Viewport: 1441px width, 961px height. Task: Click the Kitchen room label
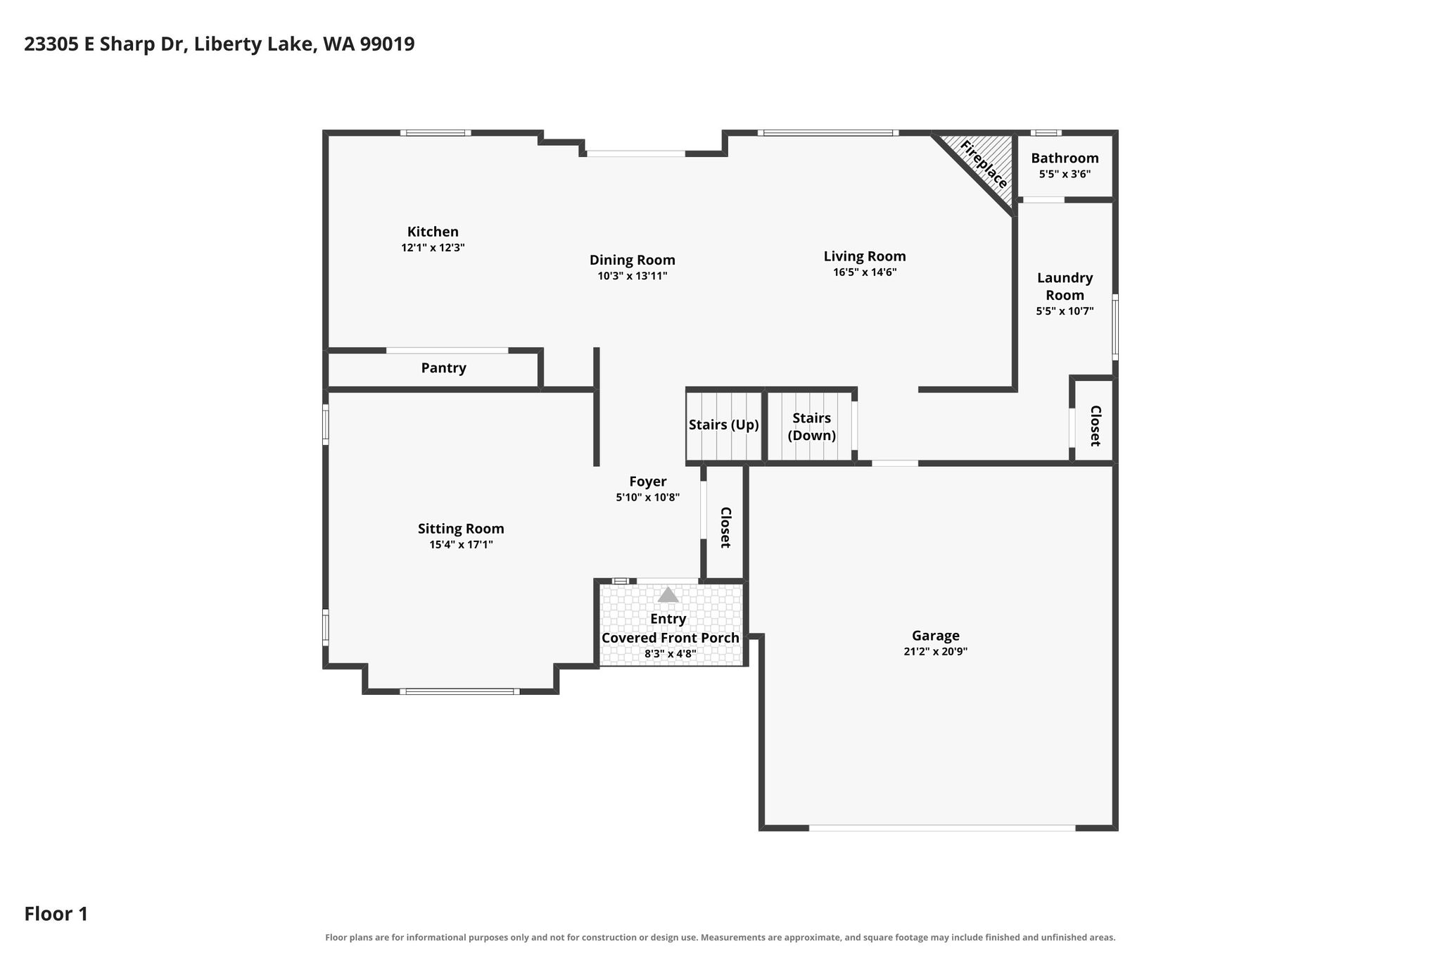point(433,232)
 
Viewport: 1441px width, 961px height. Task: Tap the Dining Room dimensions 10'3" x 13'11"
point(633,276)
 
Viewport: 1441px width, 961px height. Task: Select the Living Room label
point(865,256)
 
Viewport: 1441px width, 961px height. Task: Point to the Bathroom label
point(1065,158)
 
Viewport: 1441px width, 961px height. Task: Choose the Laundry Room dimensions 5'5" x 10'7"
point(1065,311)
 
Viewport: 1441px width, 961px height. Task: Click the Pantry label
point(443,368)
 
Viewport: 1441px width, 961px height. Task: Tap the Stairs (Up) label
point(724,425)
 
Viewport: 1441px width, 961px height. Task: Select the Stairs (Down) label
point(812,427)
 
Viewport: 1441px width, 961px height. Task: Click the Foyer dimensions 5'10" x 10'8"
point(647,498)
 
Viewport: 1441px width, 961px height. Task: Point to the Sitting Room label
point(461,529)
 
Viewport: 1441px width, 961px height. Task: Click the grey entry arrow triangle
point(668,595)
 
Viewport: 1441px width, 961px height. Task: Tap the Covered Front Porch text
point(670,638)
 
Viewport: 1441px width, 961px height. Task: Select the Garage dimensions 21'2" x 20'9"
point(935,652)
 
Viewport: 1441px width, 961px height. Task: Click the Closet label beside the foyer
point(725,527)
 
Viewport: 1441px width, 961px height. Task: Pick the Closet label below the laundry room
point(1095,426)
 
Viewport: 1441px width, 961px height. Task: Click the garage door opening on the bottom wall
point(942,828)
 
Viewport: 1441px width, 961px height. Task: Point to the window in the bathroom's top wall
point(1046,132)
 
